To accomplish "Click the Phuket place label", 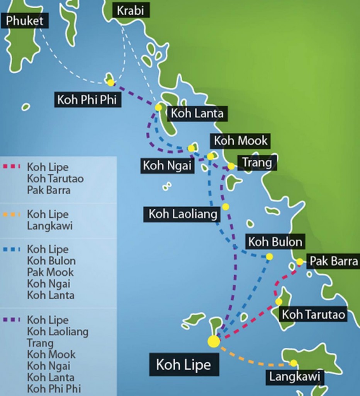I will pos(25,20).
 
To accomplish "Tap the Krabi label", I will pos(131,10).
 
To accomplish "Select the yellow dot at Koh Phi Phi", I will pos(111,82).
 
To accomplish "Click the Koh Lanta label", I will pos(197,113).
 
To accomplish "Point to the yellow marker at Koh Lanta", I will pos(158,107).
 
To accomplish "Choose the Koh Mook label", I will pos(241,140).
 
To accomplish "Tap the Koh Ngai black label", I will pos(167,166).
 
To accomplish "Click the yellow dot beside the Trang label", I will pos(231,166).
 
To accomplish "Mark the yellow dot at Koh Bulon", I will pos(269,256).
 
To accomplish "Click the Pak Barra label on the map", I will pos(333,261).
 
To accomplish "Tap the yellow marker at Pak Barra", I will pos(299,262).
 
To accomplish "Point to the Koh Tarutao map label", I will pos(313,314).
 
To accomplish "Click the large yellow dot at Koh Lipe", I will pos(214,341).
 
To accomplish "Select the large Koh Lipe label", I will pos(183,365).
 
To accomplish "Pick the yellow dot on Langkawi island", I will pos(294,363).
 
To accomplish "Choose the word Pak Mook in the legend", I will pos(50,272).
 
